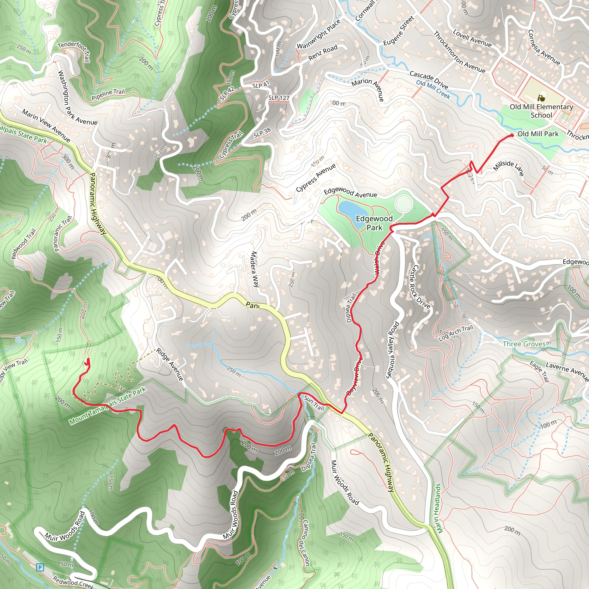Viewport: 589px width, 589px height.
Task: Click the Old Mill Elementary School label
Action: (541, 111)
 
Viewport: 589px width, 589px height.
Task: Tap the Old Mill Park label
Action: (538, 134)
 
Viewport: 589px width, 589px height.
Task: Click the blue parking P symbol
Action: (40, 567)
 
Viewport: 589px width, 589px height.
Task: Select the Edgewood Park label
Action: (374, 223)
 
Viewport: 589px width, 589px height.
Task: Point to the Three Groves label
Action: (524, 344)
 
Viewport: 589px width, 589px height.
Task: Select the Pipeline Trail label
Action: (108, 95)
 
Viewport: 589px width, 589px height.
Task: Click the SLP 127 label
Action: (279, 97)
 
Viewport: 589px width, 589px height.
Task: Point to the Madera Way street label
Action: (255, 269)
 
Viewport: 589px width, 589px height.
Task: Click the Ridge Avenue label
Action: (170, 365)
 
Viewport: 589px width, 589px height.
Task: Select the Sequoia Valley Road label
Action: (393, 350)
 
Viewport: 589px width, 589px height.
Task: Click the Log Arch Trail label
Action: (456, 333)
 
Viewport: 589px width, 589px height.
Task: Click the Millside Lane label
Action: (508, 168)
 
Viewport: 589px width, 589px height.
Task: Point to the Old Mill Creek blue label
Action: (433, 89)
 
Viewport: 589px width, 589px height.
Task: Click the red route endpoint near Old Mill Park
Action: (512, 135)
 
